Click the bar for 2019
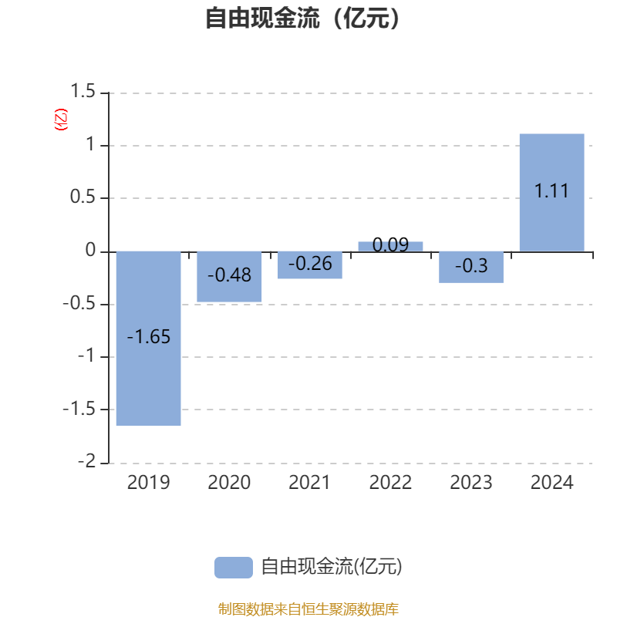click(149, 339)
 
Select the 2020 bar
click(229, 277)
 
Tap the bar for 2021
click(310, 265)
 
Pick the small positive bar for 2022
click(391, 247)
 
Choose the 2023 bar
click(471, 267)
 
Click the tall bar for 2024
click(552, 193)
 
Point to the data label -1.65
click(149, 337)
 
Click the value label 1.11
click(551, 190)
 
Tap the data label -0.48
click(229, 275)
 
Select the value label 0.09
click(391, 244)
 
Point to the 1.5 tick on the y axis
click(83, 91)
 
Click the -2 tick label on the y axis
click(87, 460)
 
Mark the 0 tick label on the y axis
click(90, 250)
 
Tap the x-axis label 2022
click(391, 483)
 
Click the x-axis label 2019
click(149, 483)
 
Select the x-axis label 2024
click(552, 483)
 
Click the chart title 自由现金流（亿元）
click(303, 18)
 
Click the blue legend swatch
click(234, 568)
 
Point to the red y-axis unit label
click(61, 120)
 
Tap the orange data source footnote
click(308, 609)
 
